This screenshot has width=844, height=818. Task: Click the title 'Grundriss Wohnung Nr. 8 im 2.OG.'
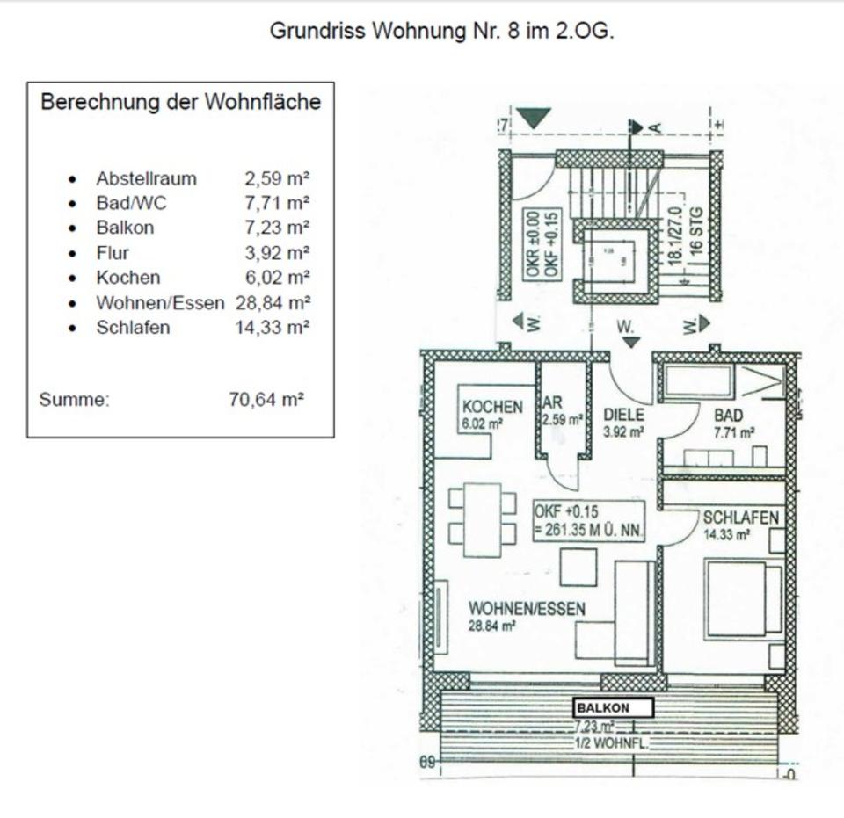click(x=441, y=31)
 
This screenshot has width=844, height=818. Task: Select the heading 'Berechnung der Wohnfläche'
click(x=180, y=102)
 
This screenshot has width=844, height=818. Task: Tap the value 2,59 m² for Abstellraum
click(x=277, y=178)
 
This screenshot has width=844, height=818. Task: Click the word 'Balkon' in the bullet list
click(x=125, y=228)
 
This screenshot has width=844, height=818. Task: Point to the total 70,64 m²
click(x=266, y=400)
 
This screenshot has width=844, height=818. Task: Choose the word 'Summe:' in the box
click(x=74, y=400)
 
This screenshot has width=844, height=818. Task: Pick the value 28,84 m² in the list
click(x=273, y=302)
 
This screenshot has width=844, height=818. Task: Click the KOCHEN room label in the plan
click(x=492, y=408)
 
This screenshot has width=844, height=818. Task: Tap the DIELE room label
click(x=623, y=415)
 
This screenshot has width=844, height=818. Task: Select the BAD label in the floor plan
click(x=729, y=415)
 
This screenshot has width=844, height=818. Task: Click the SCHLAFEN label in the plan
click(x=740, y=518)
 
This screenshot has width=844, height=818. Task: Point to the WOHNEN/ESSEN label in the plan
click(x=527, y=609)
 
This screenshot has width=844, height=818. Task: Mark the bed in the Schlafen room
click(x=742, y=599)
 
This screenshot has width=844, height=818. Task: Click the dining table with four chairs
click(x=482, y=519)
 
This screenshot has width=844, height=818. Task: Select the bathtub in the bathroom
click(x=698, y=381)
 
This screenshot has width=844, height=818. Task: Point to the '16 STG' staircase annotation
click(x=696, y=231)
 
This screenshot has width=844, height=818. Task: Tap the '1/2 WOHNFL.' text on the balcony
click(x=614, y=743)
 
